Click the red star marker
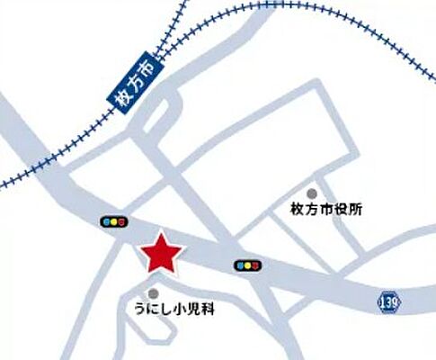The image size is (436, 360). click(163, 254)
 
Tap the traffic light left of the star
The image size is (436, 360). click(113, 220)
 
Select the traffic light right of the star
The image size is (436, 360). click(247, 265)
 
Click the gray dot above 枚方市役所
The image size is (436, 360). click(312, 193)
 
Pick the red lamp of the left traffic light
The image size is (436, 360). click(122, 220)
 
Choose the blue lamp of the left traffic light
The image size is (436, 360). click(105, 220)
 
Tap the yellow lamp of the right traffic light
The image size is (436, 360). click(247, 265)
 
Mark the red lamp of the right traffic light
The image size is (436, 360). click(256, 265)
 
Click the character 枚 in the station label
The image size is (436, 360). click(125, 104)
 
